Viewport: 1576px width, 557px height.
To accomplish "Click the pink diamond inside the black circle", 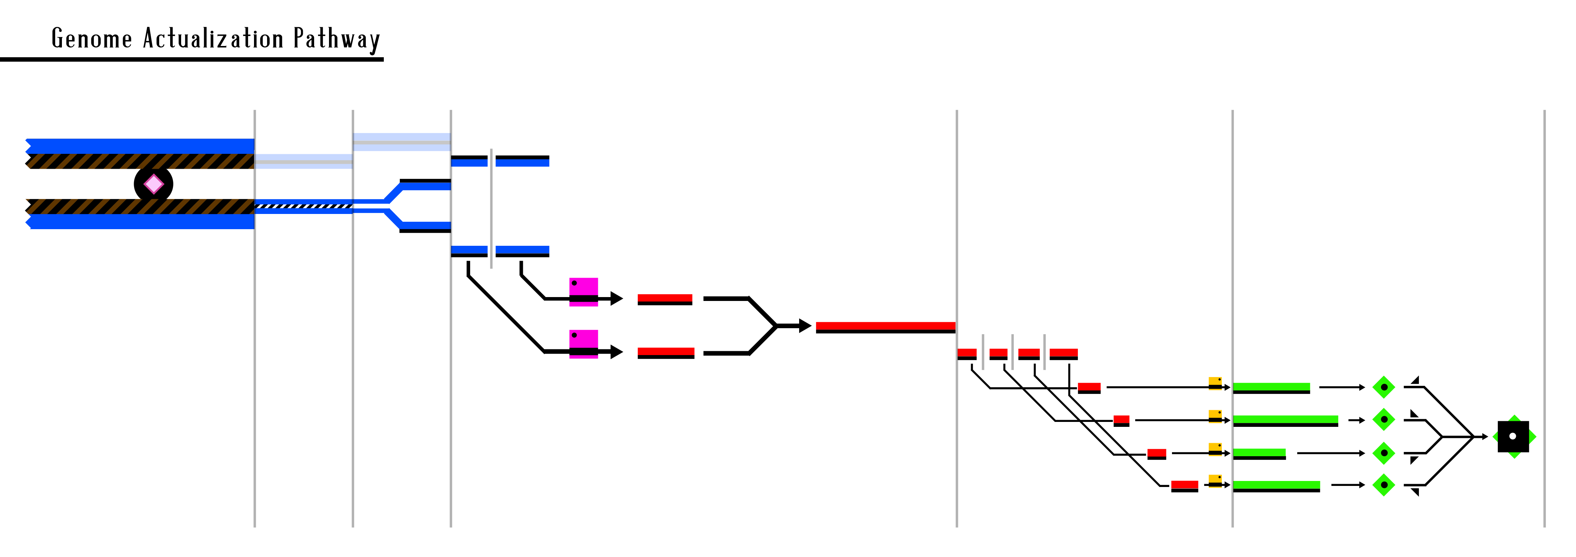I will [154, 184].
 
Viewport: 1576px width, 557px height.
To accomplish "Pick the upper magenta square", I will [584, 292].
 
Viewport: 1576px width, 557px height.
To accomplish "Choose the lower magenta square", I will [584, 344].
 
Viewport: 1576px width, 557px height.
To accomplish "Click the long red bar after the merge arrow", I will [885, 326].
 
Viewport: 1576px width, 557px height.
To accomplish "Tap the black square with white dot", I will [1513, 436].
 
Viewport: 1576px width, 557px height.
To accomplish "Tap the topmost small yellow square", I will [1215, 383].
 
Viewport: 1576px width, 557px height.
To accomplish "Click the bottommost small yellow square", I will [1215, 481].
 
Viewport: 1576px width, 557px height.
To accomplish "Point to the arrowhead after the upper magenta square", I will [617, 299].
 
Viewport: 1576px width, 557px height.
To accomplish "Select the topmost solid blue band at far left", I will [141, 146].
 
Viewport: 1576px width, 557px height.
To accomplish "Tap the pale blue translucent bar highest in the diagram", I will [402, 142].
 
